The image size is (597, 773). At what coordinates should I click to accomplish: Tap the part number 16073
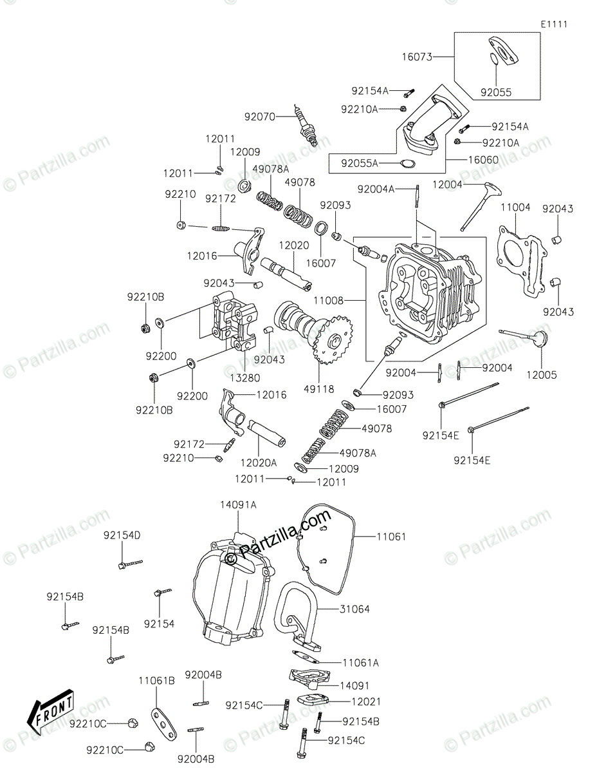[416, 57]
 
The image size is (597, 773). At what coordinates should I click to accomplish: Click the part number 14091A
[239, 505]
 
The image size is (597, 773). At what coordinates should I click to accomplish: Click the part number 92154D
[123, 535]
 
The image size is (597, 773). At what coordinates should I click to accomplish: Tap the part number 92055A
[360, 164]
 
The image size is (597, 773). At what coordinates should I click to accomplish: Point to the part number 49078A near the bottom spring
[358, 453]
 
